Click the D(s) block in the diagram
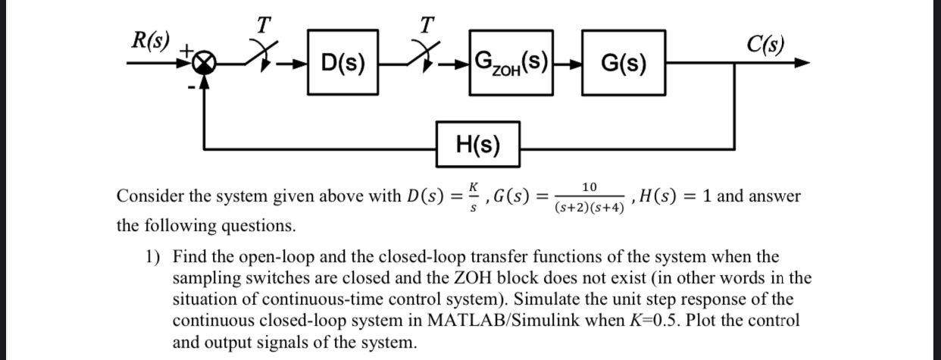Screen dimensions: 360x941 click(342, 62)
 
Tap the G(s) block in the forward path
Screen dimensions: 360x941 click(624, 62)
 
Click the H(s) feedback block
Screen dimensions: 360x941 click(478, 144)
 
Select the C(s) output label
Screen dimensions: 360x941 click(764, 44)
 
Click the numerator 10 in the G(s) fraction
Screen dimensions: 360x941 click(589, 187)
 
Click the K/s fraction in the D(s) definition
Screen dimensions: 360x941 click(474, 196)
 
